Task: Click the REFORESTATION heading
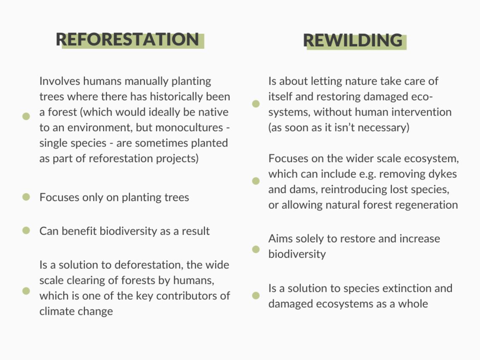[127, 40]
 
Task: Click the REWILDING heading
[353, 41]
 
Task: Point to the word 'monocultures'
[189, 128]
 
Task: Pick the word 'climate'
[56, 311]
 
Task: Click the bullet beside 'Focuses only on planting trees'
[27, 197]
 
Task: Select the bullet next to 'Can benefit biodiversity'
[27, 230]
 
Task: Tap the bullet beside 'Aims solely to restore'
[256, 249]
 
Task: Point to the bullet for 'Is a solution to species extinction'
[256, 296]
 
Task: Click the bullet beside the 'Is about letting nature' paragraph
[256, 104]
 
